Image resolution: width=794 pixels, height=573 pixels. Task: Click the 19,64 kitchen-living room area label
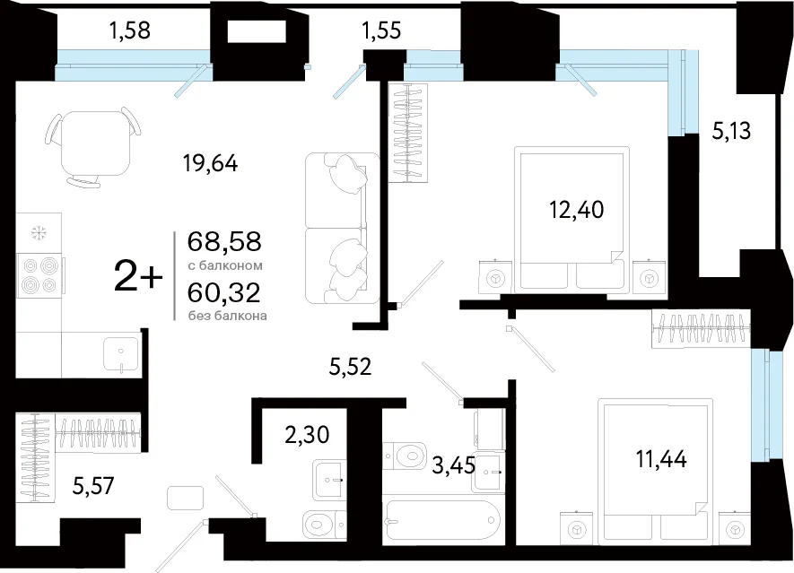pyautogui.click(x=211, y=163)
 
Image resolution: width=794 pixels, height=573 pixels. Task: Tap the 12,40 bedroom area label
pyautogui.click(x=577, y=209)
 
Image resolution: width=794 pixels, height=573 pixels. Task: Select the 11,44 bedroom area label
pyautogui.click(x=661, y=459)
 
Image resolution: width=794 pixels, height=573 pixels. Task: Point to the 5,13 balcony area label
pyautogui.click(x=731, y=131)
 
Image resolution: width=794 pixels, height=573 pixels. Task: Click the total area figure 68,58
pyautogui.click(x=224, y=241)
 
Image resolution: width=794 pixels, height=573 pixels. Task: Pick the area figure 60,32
pyautogui.click(x=223, y=291)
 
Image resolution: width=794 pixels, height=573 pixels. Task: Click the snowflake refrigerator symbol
pyautogui.click(x=37, y=233)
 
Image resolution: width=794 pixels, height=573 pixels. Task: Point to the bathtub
pyautogui.click(x=441, y=520)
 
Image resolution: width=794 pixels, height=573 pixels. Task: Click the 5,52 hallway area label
pyautogui.click(x=351, y=366)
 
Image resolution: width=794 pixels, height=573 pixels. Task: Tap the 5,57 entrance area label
pyautogui.click(x=93, y=486)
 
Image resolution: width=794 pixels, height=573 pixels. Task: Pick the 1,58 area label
pyautogui.click(x=130, y=30)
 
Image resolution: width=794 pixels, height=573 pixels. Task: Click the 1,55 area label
pyautogui.click(x=381, y=30)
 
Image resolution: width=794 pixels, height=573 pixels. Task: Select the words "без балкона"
pyautogui.click(x=227, y=316)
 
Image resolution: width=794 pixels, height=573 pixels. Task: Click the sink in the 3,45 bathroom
pyautogui.click(x=488, y=472)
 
